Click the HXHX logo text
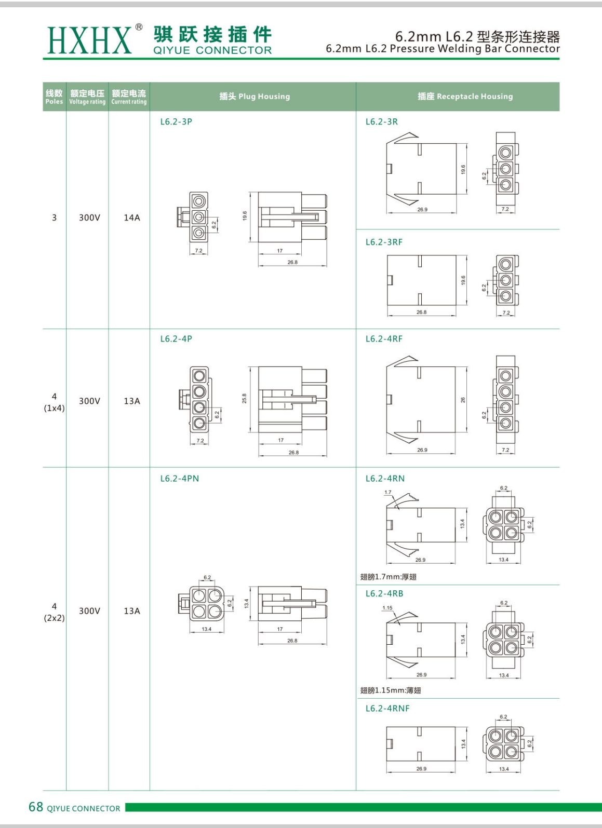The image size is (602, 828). (x=89, y=40)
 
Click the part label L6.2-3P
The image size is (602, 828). (x=176, y=122)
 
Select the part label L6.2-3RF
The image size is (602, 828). (x=384, y=242)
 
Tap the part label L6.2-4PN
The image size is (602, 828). (x=179, y=479)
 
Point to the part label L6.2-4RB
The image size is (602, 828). (x=384, y=594)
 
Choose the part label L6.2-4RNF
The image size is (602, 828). (x=387, y=709)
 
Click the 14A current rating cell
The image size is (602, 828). (x=132, y=218)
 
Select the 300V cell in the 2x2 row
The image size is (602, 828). (x=89, y=611)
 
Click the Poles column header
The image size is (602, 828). (x=54, y=97)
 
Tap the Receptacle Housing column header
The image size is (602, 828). (x=465, y=97)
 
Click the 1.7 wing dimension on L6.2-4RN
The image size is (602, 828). (x=388, y=492)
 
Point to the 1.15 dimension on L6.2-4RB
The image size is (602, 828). (x=387, y=608)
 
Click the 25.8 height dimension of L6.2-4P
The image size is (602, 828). (x=244, y=398)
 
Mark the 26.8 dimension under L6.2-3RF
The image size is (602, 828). (x=421, y=313)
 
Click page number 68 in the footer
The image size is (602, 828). (x=36, y=807)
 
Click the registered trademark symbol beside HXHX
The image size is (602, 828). (x=139, y=27)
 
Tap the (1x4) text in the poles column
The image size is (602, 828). (x=55, y=409)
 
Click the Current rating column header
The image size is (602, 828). (x=129, y=97)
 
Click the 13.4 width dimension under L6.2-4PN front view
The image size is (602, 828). (x=207, y=629)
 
